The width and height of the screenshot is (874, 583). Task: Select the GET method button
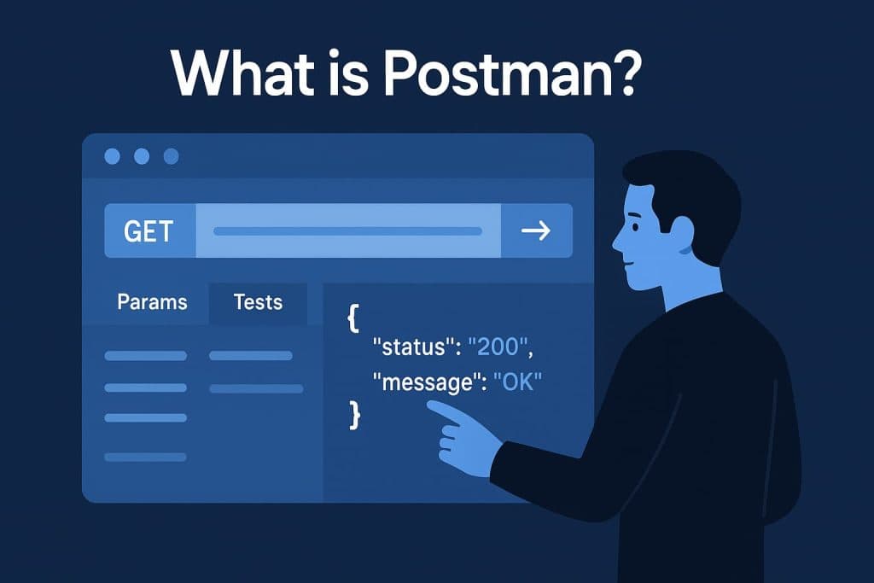point(149,230)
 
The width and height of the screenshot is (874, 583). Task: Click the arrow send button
point(536,230)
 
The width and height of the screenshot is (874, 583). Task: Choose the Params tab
point(152,301)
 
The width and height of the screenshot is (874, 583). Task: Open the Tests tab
point(258,301)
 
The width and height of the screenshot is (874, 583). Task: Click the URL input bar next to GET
point(347,230)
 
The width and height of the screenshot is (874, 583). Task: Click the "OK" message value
point(518,382)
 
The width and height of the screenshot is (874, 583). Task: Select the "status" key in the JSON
point(412,348)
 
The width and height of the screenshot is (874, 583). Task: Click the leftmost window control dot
point(112,157)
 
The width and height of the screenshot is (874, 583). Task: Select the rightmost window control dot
point(171,157)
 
